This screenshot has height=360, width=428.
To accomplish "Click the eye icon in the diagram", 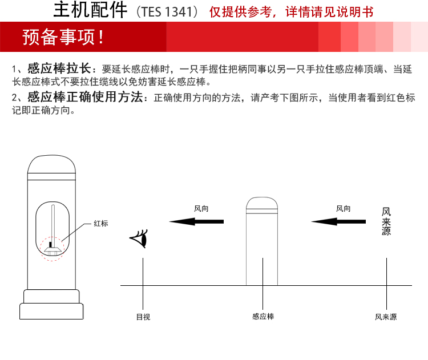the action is click(139, 238).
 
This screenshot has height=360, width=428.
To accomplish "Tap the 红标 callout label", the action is click(100, 224).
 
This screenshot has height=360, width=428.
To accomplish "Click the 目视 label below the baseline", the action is click(143, 317).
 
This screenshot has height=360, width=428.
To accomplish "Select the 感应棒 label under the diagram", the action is click(263, 316).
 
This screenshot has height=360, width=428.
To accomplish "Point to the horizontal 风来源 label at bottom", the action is click(386, 317).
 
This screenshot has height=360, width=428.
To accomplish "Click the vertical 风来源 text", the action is click(386, 221).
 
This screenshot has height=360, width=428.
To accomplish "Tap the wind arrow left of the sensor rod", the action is click(196, 221).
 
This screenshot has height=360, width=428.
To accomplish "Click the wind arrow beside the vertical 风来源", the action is click(338, 221).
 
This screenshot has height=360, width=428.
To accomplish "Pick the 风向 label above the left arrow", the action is click(201, 209).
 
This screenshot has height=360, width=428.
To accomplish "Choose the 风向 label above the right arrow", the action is click(343, 209).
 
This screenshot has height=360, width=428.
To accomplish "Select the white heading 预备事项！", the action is click(63, 37).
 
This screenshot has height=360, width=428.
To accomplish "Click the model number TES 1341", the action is click(167, 12).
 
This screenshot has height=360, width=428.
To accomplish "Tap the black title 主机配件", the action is click(90, 10).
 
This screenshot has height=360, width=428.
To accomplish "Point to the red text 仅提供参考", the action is click(240, 12).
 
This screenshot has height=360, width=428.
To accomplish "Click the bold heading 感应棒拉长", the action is click(59, 68).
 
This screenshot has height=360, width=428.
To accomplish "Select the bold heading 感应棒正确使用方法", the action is click(85, 97).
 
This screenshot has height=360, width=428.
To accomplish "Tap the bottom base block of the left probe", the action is click(51, 311).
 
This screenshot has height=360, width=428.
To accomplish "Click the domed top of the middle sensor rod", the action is click(262, 203).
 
